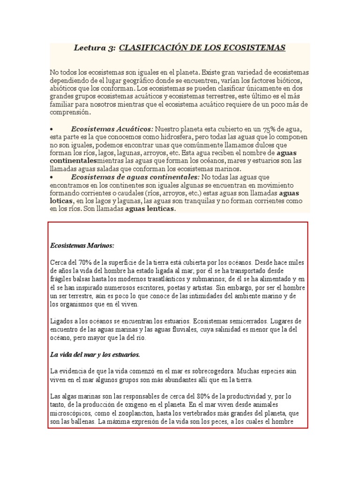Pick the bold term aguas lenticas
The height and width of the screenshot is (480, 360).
pos(150,209)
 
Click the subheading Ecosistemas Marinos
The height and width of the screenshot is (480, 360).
pos(82,246)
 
